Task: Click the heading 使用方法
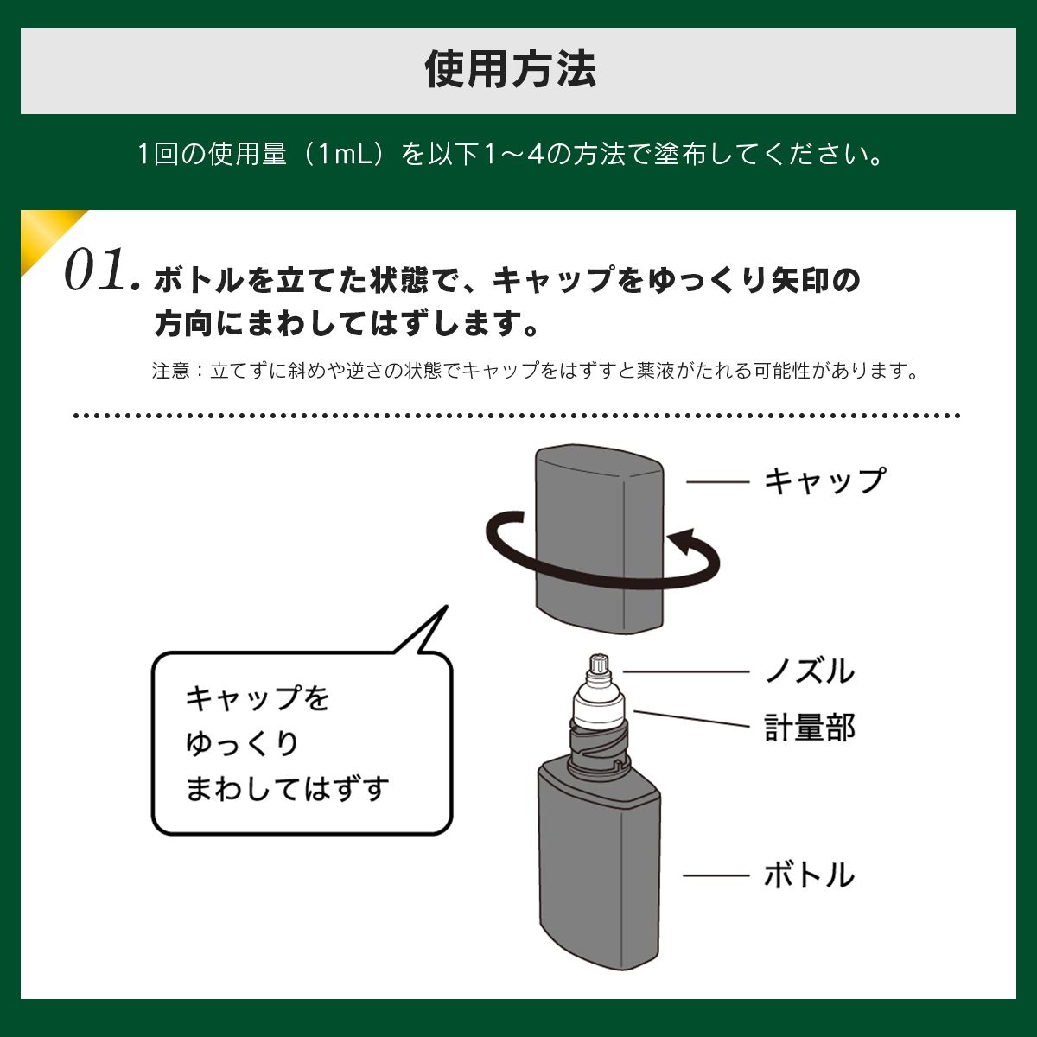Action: pyautogui.click(x=510, y=69)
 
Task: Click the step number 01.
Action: pyautogui.click(x=102, y=270)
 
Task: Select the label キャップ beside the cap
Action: pyautogui.click(x=824, y=480)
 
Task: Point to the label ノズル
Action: pyautogui.click(x=810, y=671)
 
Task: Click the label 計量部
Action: pyautogui.click(x=810, y=727)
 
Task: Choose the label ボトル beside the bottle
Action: pyautogui.click(x=810, y=875)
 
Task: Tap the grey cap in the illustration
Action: pyautogui.click(x=599, y=538)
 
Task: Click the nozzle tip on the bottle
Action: pyautogui.click(x=599, y=665)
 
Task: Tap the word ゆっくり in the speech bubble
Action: pyautogui.click(x=242, y=744)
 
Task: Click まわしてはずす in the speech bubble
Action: pyautogui.click(x=287, y=789)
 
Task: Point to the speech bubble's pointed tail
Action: pyautogui.click(x=446, y=607)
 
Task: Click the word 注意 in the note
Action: pyautogui.click(x=170, y=371)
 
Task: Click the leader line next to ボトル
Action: pyautogui.click(x=716, y=875)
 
